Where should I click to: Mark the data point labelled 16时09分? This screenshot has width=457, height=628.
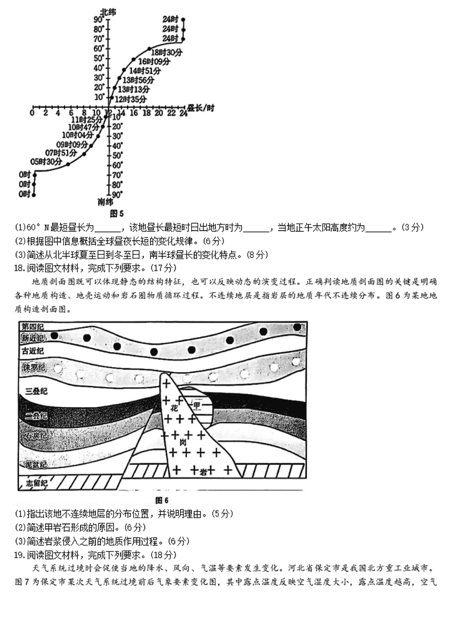[133, 59]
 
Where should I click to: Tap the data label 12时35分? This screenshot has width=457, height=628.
[131, 100]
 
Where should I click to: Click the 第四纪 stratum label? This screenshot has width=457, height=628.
[33, 326]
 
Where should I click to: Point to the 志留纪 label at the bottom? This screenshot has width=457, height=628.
[35, 484]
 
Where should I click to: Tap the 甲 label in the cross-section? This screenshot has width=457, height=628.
[197, 405]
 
